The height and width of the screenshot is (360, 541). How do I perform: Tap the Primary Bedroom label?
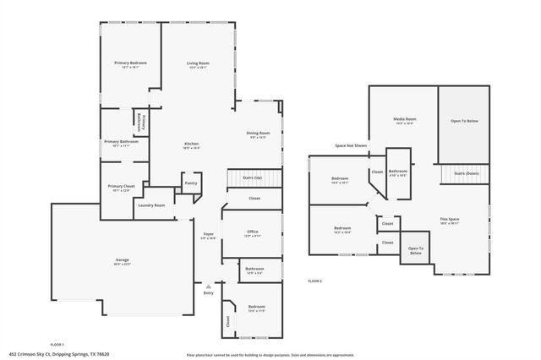(131, 63)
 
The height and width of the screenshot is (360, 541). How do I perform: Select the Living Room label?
(198, 63)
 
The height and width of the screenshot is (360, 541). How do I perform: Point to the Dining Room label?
(259, 133)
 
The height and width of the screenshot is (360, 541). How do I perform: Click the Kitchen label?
(192, 145)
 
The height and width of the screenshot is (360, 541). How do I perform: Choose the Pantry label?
(191, 183)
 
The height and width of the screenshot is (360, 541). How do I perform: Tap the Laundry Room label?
(151, 205)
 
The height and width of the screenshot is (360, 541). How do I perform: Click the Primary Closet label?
(121, 186)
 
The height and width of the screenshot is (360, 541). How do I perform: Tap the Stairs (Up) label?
(252, 178)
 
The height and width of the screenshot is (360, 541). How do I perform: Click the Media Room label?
(404, 119)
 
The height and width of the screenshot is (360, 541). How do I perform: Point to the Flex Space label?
(449, 219)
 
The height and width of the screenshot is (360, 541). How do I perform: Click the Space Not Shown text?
(351, 145)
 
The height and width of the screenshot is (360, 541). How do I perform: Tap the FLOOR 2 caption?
(314, 281)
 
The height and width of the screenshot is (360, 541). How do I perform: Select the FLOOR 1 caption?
(57, 344)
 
